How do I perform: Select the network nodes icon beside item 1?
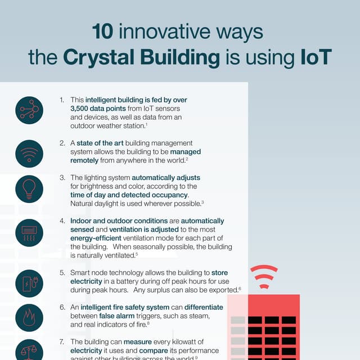(x=29, y=109)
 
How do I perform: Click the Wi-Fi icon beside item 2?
(x=29, y=154)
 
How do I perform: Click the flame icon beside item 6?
(x=29, y=318)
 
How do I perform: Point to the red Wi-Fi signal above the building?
(x=264, y=275)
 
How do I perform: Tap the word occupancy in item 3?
(x=169, y=195)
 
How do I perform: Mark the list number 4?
(x=62, y=221)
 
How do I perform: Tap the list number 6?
(x=62, y=308)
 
